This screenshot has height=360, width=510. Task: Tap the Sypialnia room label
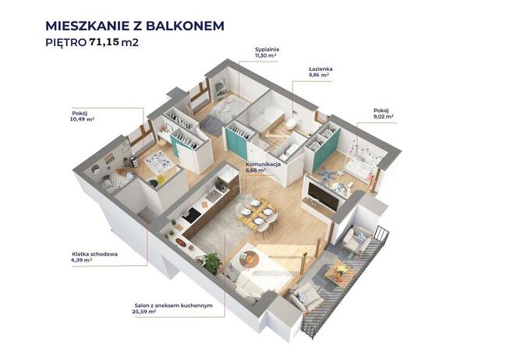[x=267, y=49]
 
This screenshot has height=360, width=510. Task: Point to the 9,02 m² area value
[x=383, y=117]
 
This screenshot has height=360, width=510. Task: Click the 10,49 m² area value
[x=82, y=118]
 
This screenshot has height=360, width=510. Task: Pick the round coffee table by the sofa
[x=249, y=259]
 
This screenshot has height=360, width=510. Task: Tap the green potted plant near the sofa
[x=211, y=262]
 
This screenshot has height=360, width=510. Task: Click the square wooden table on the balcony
[x=340, y=272]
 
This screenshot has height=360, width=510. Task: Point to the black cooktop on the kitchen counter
[x=191, y=215]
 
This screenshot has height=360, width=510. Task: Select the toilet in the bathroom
[x=291, y=124]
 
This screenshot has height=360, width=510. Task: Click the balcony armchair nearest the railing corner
[x=357, y=241]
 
